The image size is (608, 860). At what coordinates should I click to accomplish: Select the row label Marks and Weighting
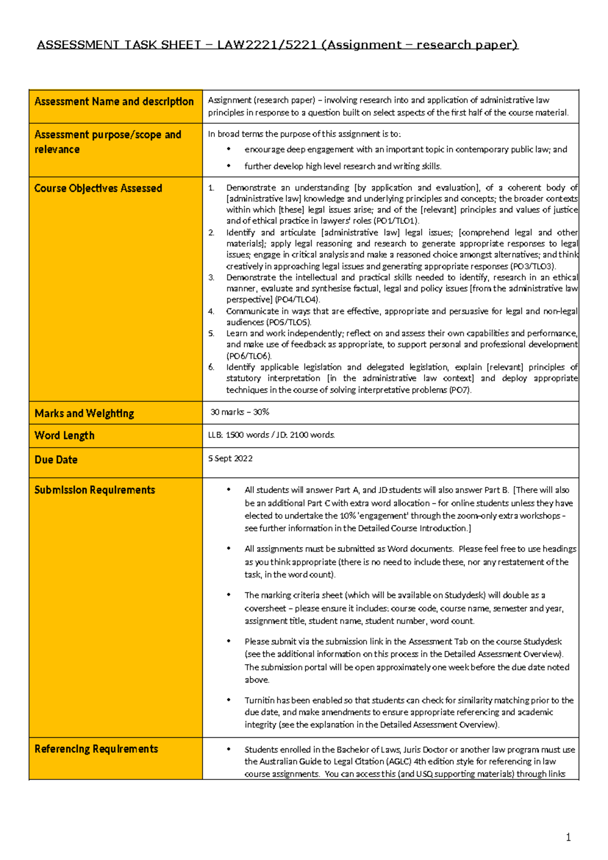[x=84, y=414]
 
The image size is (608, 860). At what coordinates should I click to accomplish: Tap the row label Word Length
[x=64, y=436]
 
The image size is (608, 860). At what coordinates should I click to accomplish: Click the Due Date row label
[x=56, y=460]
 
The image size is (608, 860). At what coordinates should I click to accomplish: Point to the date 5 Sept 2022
[x=230, y=458]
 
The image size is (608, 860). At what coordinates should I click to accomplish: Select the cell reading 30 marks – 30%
[x=240, y=412]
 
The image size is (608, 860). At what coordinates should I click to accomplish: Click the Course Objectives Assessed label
[x=98, y=189]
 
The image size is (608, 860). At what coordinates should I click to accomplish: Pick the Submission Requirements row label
[x=95, y=490]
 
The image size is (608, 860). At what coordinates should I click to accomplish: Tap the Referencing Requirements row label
[x=96, y=749]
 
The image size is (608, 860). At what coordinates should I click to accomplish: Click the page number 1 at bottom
[x=568, y=837]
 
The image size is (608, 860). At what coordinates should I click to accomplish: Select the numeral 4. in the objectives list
[x=211, y=311]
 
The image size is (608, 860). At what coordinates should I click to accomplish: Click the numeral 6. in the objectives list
[x=211, y=367]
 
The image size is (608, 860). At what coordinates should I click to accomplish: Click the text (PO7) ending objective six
[x=460, y=390]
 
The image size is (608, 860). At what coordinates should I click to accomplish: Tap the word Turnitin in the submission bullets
[x=259, y=700]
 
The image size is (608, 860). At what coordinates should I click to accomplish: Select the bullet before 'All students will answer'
[x=229, y=490]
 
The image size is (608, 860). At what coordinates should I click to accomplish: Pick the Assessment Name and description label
[x=114, y=102]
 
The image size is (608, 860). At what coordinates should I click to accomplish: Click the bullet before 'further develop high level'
[x=229, y=166]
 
